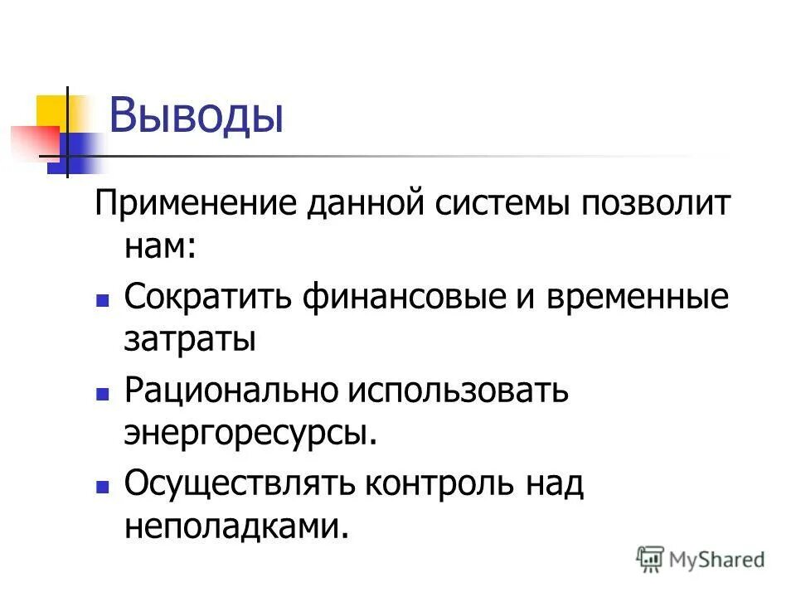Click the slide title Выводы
(x=197, y=116)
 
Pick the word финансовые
(x=398, y=297)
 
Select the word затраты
(x=189, y=340)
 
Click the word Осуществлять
(x=235, y=483)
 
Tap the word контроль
(x=436, y=483)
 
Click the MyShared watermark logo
(x=701, y=560)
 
